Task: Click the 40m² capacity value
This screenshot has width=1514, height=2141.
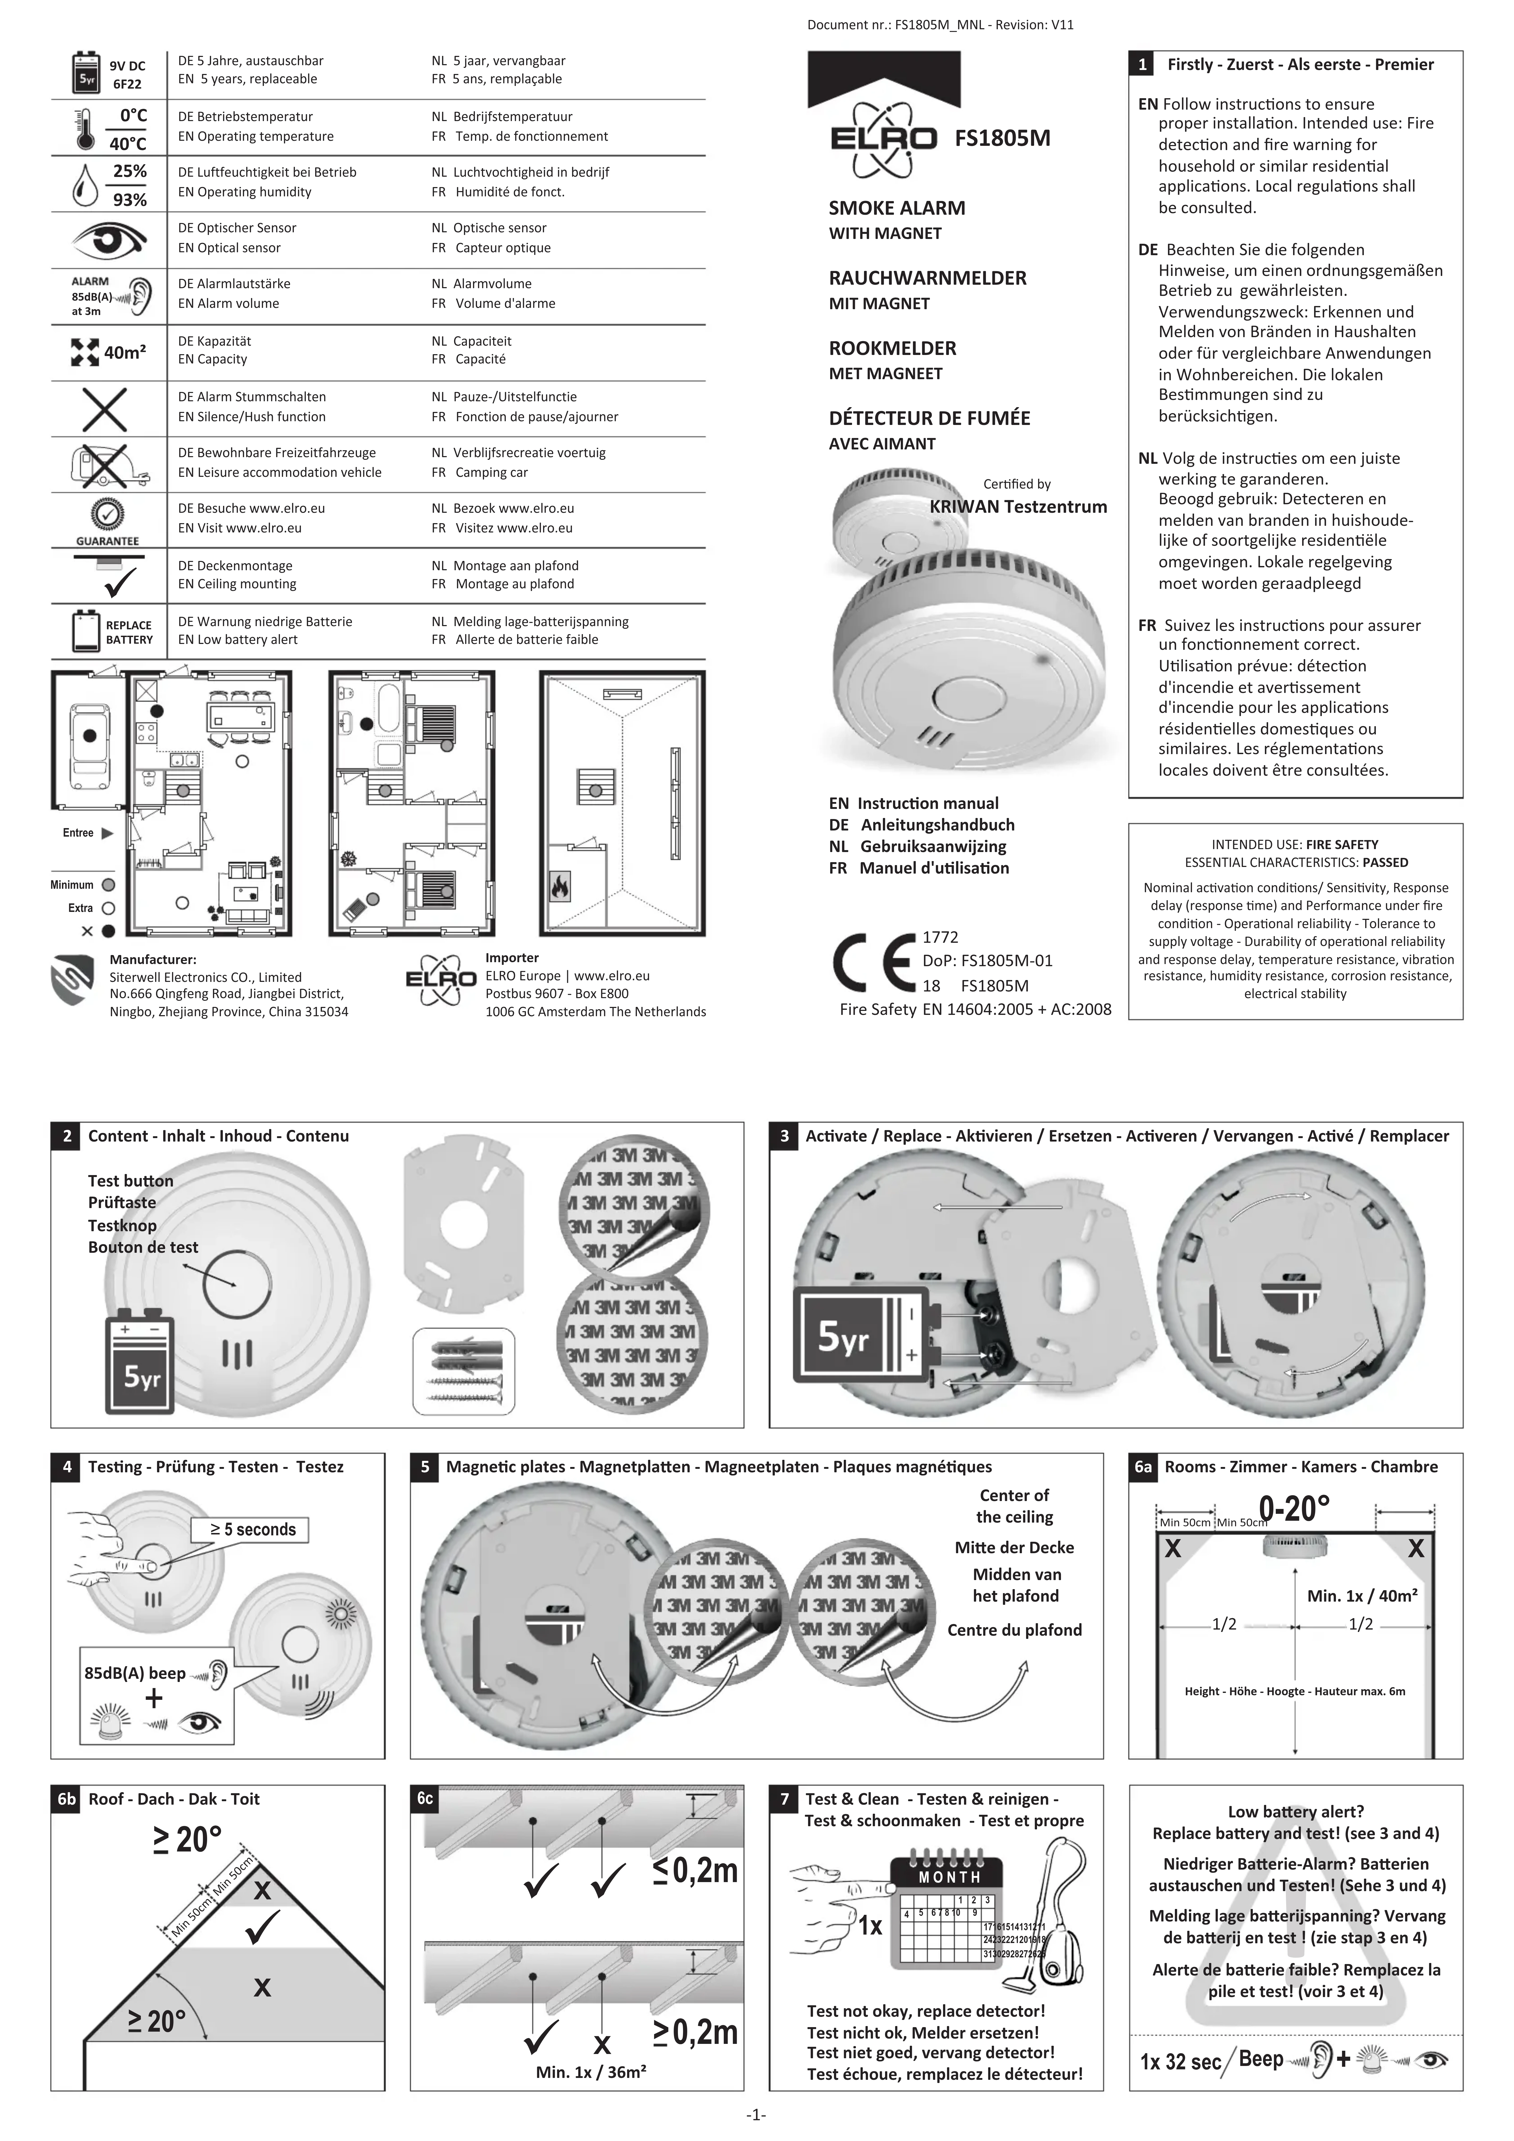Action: (124, 353)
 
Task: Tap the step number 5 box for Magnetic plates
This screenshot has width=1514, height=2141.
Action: (425, 1467)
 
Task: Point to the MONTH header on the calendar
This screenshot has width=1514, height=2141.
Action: (949, 1877)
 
